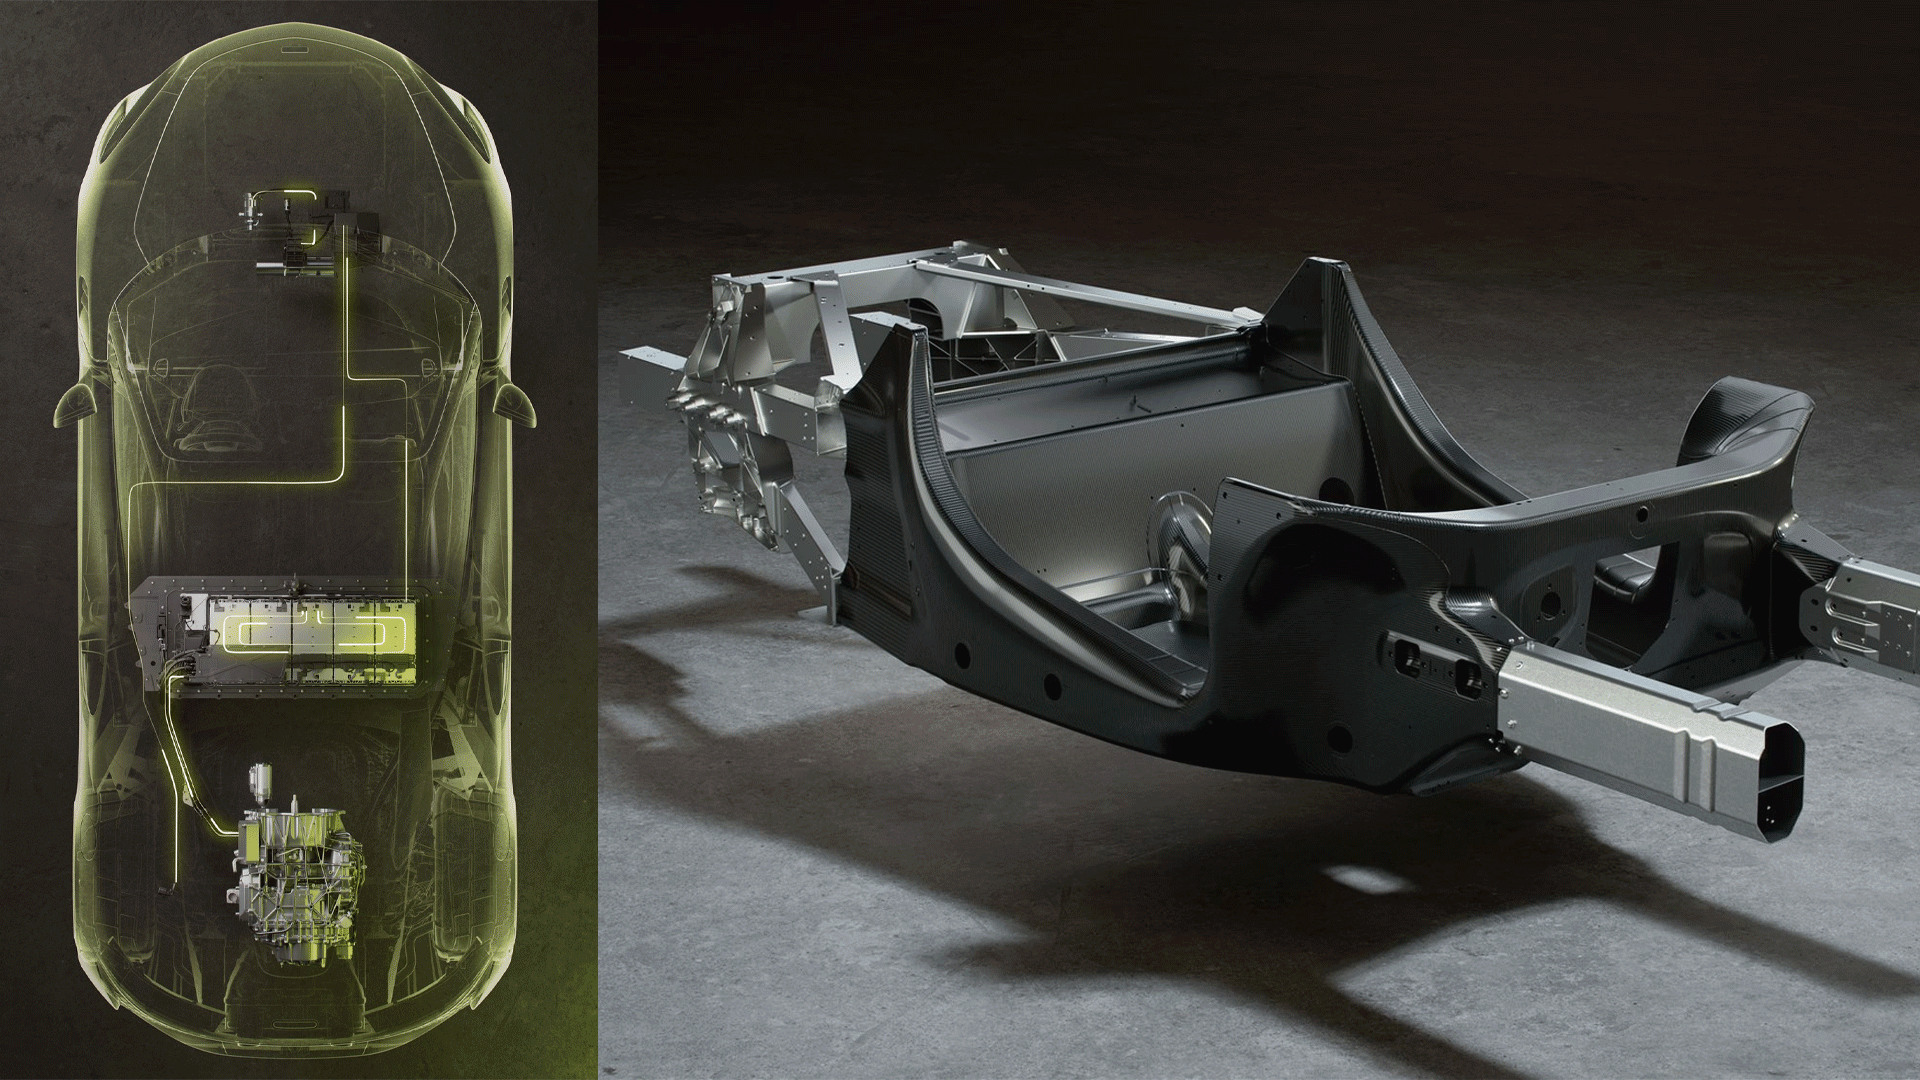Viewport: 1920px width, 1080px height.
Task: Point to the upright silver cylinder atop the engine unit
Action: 262,780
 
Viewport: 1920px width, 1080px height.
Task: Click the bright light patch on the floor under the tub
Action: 1365,880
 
